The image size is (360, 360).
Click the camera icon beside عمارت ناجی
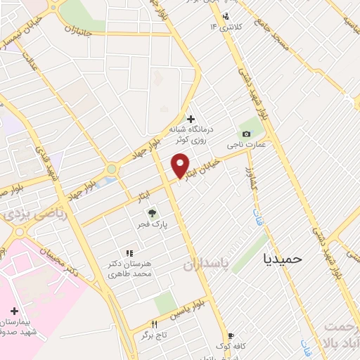(245, 134)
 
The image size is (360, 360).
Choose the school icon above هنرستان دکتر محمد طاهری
(128, 252)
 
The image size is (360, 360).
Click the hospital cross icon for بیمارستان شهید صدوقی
(14, 310)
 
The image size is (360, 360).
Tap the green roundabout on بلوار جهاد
(111, 169)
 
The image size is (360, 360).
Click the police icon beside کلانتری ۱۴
(226, 16)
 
